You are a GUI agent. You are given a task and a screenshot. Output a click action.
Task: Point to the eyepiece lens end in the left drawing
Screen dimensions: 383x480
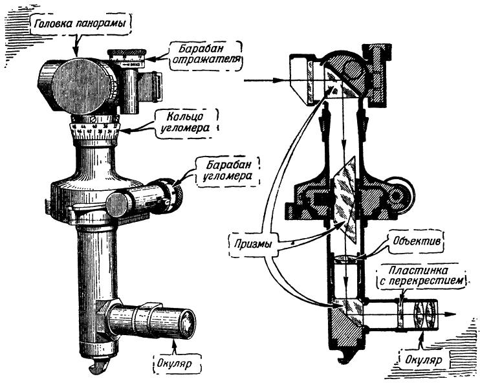(188, 321)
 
